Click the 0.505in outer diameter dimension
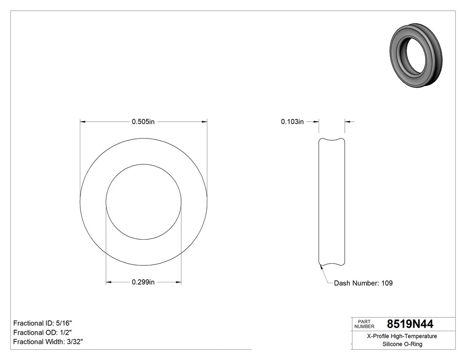point(143,122)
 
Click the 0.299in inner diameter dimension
point(143,282)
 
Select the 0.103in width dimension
point(292,122)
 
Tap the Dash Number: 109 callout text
point(363,283)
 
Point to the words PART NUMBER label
point(364,324)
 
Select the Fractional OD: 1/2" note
point(43,332)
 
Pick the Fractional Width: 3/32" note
point(48,342)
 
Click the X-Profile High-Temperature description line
point(402,336)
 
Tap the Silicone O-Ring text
point(402,344)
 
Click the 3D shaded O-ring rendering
point(416,55)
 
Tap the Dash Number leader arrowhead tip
point(320,266)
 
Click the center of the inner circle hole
point(143,202)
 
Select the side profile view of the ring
point(332,202)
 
